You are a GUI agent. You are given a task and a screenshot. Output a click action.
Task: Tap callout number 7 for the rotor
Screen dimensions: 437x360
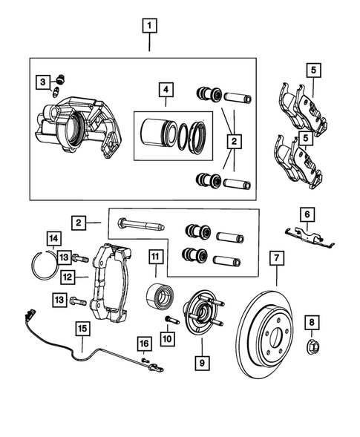pos(275,258)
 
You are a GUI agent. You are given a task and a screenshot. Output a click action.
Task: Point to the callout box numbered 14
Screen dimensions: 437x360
pos(53,238)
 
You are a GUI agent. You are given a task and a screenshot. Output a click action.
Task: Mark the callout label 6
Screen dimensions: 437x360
pos(307,214)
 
